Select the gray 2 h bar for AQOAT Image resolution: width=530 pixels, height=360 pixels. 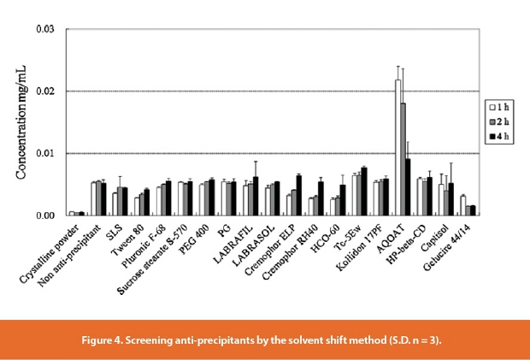[403, 159]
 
